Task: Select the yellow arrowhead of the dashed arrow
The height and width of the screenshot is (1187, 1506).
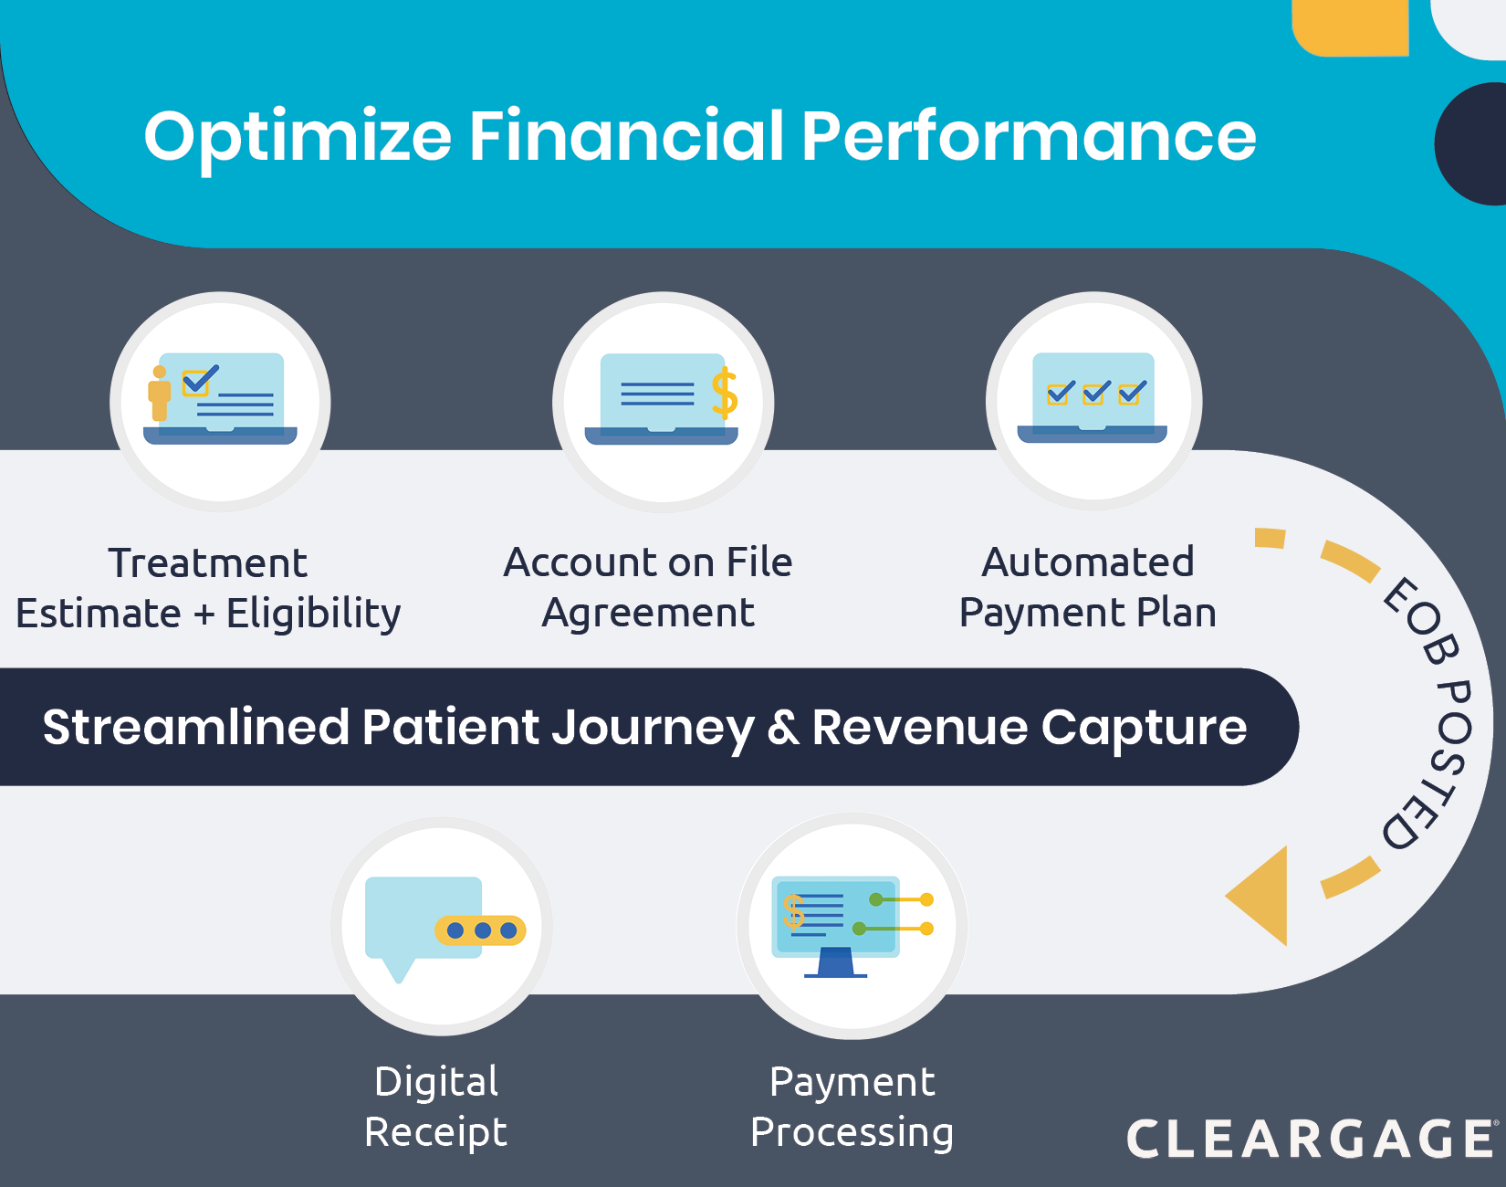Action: (x=1260, y=896)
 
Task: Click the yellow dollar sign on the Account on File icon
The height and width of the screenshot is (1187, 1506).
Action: (x=725, y=393)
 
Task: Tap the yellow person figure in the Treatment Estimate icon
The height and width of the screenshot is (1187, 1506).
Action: (x=160, y=393)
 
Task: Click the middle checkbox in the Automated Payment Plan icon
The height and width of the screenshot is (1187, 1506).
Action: (x=1094, y=393)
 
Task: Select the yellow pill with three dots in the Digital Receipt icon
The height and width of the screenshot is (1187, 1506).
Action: (x=481, y=930)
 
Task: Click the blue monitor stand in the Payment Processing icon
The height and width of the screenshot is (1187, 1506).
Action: (x=835, y=963)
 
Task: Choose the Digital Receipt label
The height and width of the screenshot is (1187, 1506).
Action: (x=436, y=1107)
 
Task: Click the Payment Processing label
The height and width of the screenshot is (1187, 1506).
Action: (x=852, y=1107)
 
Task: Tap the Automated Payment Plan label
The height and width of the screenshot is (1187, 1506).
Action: (x=1088, y=587)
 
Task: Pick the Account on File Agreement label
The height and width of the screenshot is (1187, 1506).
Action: (x=648, y=587)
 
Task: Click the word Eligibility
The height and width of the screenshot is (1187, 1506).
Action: (x=314, y=614)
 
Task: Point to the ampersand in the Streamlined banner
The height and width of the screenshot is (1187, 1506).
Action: (x=783, y=728)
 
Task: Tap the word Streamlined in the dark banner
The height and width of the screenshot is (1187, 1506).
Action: (x=196, y=728)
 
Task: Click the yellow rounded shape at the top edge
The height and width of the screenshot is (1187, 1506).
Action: (x=1351, y=27)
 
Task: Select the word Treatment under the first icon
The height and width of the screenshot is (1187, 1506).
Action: (x=208, y=563)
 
